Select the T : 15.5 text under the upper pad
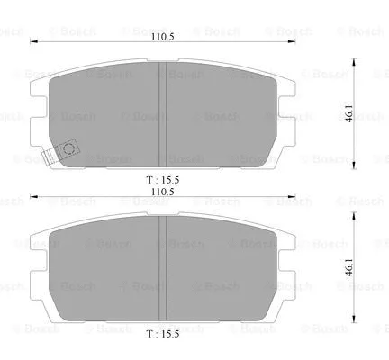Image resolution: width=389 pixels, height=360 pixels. pos(164,180)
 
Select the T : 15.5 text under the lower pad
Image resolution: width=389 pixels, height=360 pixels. pos(164,334)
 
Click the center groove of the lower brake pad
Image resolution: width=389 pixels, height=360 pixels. pos(164,270)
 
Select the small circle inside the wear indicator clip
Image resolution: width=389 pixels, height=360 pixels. pos(67,150)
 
